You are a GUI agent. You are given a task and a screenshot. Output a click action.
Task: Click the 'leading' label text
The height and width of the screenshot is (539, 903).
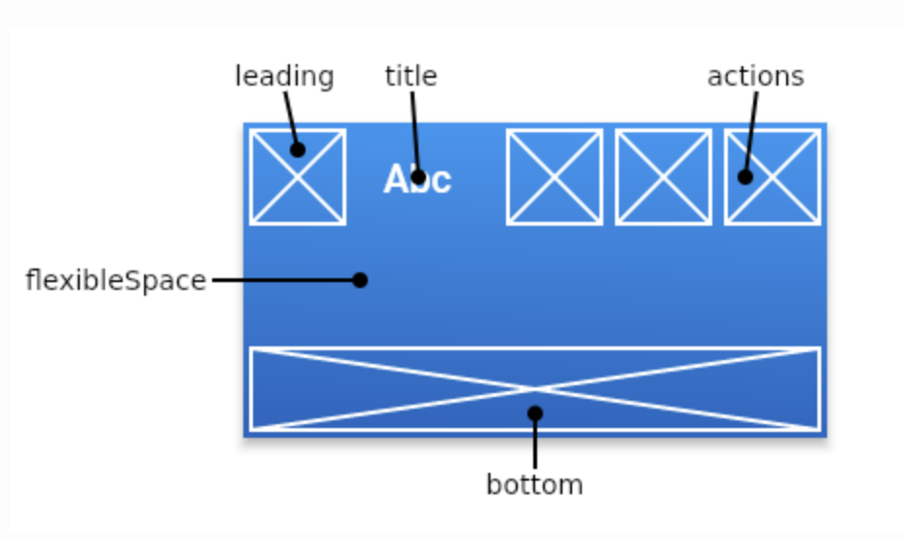click(284, 77)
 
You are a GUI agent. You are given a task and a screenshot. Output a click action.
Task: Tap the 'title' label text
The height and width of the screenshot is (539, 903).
click(411, 77)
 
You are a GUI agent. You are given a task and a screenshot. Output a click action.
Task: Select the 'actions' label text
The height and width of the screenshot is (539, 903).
click(755, 77)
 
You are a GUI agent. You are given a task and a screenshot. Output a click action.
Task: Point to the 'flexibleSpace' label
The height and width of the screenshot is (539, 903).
click(116, 281)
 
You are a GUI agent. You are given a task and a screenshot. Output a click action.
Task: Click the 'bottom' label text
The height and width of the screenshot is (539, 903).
click(534, 485)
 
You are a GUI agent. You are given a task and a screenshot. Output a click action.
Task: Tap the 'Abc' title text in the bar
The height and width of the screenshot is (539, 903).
click(417, 180)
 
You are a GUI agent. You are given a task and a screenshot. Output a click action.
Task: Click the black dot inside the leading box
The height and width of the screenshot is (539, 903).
click(298, 149)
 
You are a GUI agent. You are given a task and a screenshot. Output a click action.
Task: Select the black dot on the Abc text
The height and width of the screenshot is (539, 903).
click(418, 176)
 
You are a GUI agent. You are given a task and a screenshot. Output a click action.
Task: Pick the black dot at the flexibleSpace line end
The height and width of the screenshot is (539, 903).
click(360, 280)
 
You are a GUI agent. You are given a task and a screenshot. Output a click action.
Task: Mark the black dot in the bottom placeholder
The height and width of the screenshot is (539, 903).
click(534, 413)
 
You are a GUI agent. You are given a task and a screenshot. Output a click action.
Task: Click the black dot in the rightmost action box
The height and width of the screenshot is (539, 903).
click(745, 176)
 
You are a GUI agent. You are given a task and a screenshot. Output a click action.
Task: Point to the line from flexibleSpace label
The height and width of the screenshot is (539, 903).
click(282, 280)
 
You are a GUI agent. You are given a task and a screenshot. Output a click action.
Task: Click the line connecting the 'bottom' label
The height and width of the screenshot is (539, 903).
click(534, 446)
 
